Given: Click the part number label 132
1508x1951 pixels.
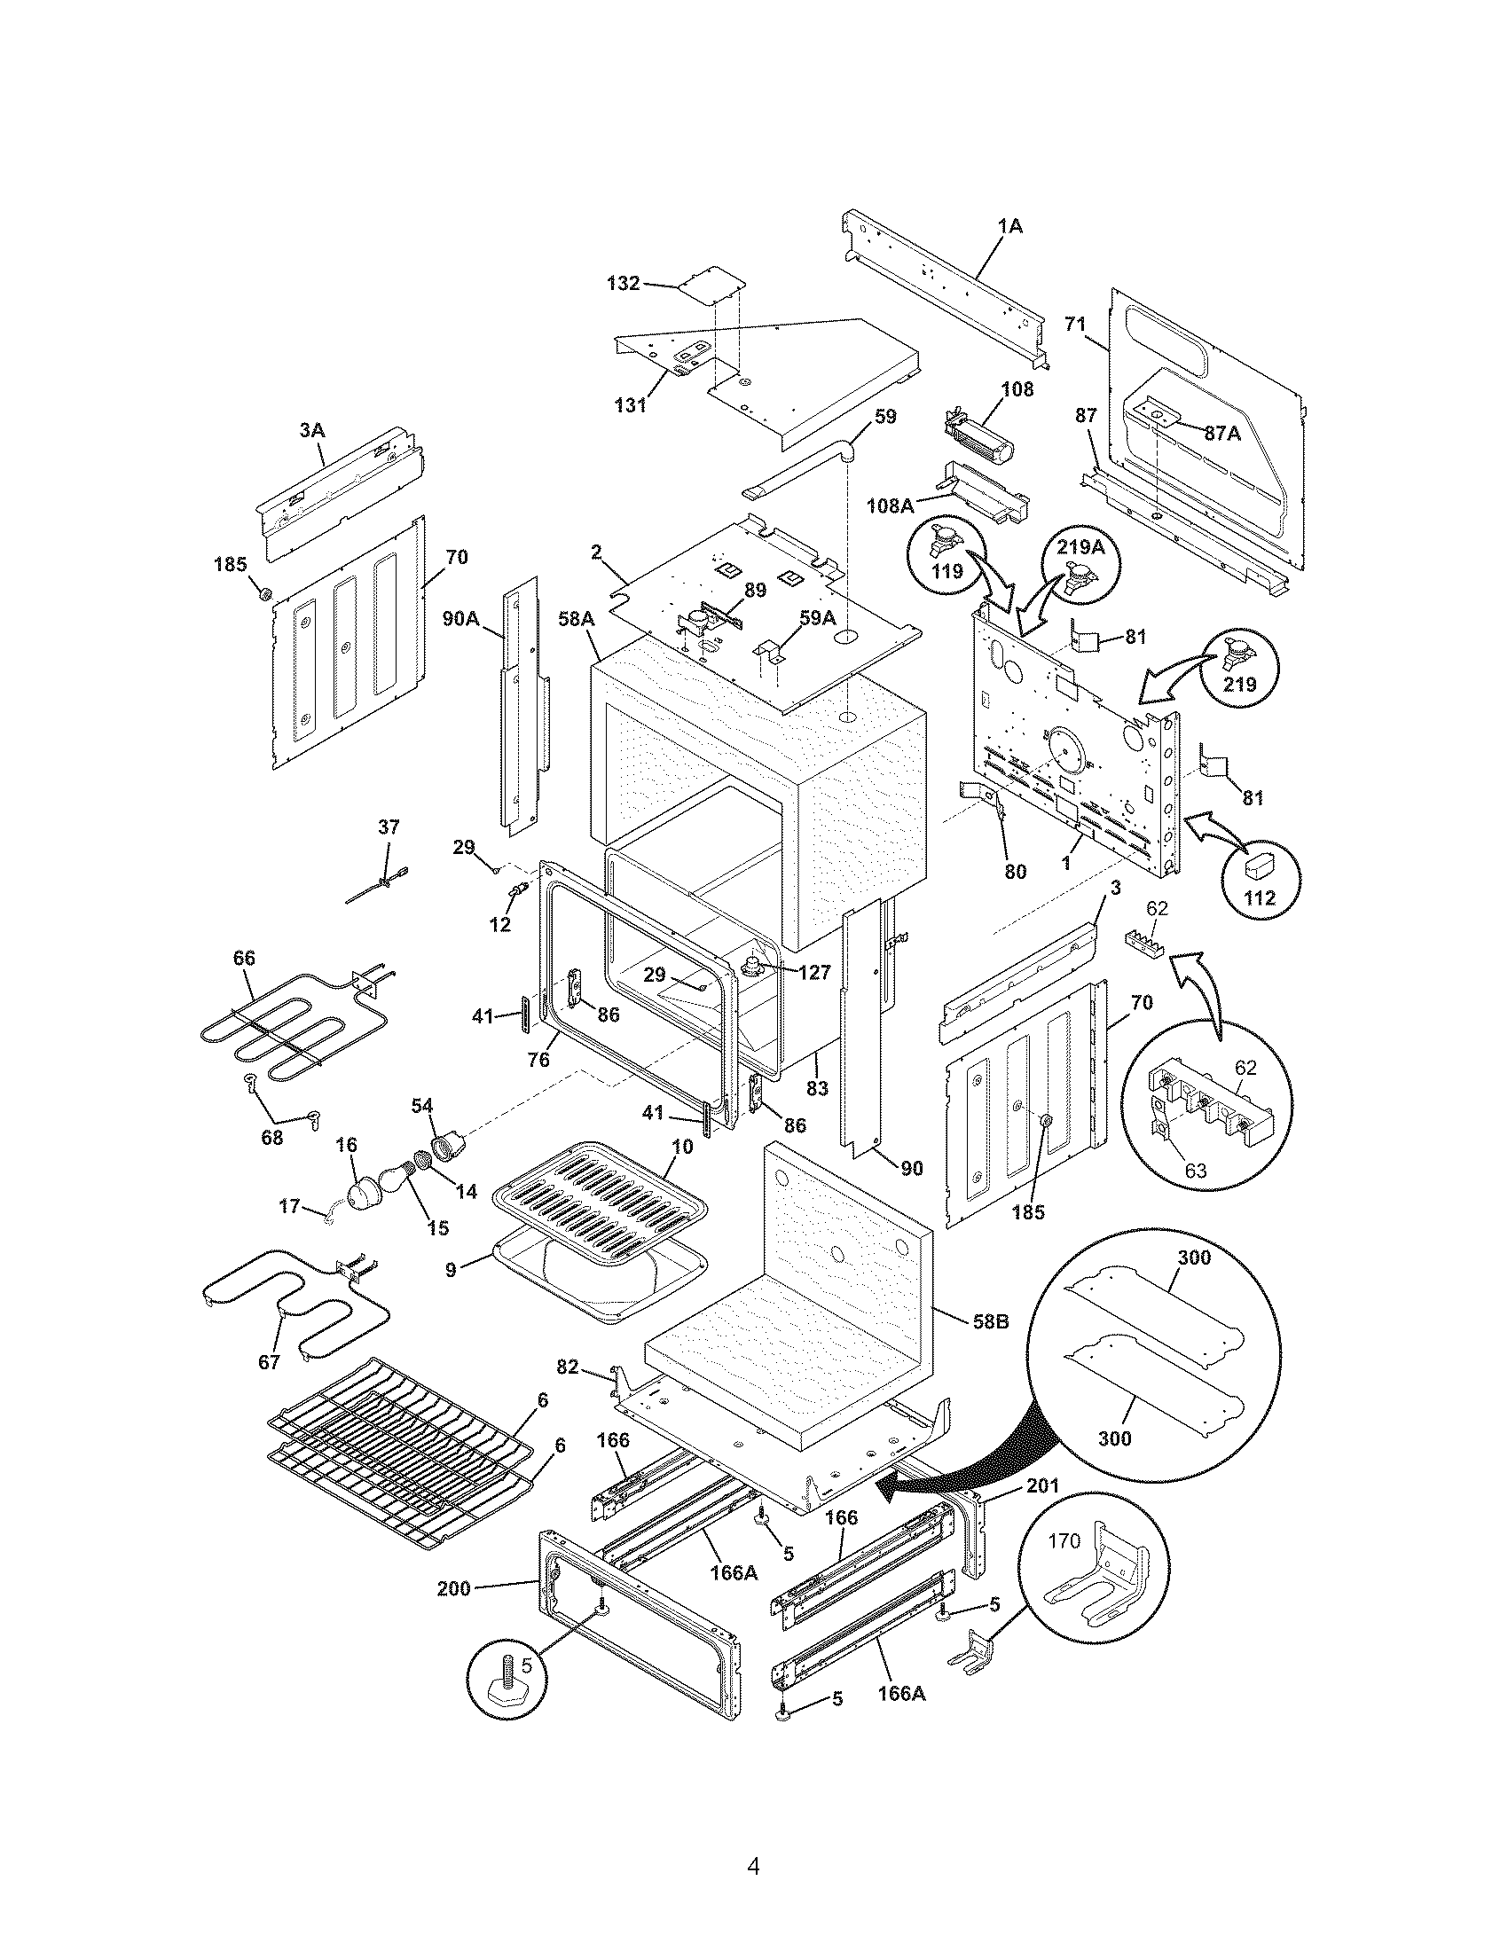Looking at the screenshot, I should click(623, 283).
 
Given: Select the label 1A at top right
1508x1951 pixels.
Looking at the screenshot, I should click(1009, 227).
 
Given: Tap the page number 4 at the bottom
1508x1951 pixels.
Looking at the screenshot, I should click(753, 1842).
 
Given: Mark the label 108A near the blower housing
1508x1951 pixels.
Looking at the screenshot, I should click(890, 505).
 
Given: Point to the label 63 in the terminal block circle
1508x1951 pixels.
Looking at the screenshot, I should click(1196, 1170).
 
